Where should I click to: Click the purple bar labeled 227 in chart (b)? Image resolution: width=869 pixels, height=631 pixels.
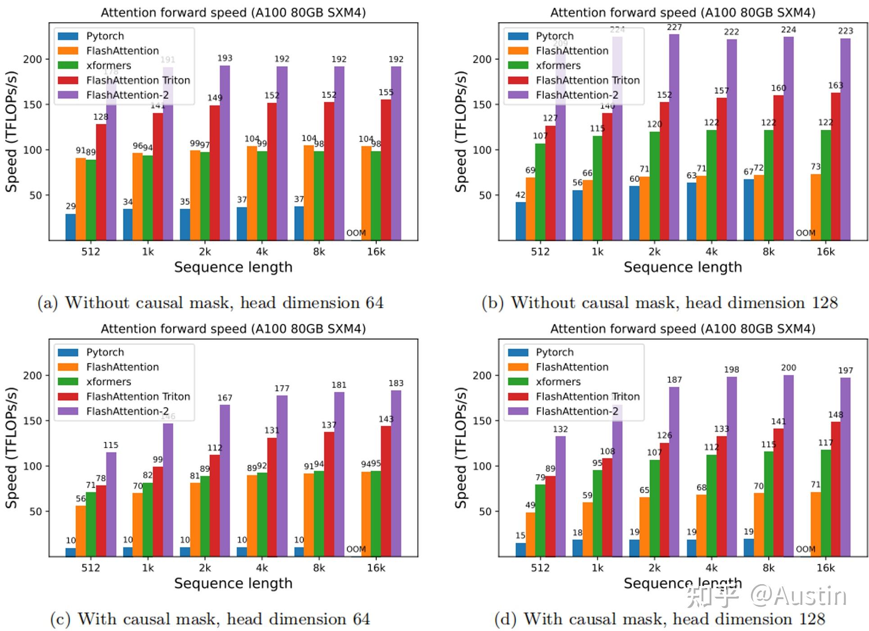pos(674,135)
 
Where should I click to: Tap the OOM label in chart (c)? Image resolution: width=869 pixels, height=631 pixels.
pos(356,549)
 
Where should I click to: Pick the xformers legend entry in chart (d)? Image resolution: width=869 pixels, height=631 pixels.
pos(558,382)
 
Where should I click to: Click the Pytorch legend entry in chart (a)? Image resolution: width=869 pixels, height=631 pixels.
pos(104,36)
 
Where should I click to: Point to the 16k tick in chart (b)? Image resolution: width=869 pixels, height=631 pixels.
pos(825,252)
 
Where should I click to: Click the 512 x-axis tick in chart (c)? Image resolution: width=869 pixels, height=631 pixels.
pos(91,568)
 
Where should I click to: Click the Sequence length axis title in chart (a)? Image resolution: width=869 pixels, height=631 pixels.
pos(233,267)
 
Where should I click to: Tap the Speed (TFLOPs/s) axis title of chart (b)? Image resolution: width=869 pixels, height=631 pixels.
pos(461,132)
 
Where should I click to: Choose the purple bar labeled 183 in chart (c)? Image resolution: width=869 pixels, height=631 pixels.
pos(396,473)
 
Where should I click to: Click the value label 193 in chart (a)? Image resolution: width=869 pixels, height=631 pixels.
pos(225,58)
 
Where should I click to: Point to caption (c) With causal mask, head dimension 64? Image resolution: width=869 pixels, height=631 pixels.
pos(210,619)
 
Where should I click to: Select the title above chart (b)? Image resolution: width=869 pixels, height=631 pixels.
pos(683,13)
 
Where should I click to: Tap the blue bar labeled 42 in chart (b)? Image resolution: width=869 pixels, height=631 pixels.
pos(520,221)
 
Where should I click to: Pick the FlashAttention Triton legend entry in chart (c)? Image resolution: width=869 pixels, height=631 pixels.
pos(138,397)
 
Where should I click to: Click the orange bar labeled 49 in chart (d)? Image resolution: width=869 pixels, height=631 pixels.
pos(530,534)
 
